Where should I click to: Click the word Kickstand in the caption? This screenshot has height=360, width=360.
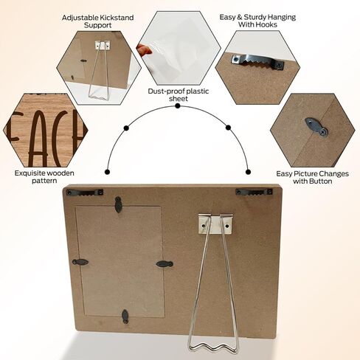[116, 18]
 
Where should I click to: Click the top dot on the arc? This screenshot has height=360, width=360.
[178, 106]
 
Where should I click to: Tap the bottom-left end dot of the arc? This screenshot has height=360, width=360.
[107, 172]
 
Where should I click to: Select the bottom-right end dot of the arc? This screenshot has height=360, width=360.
[248, 172]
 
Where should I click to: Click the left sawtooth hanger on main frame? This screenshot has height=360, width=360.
[85, 193]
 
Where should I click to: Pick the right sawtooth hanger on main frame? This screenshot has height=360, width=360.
[254, 192]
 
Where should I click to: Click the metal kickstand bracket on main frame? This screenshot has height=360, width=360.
[215, 224]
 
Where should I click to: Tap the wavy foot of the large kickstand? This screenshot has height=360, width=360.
[213, 347]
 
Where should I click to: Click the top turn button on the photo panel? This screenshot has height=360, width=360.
[118, 204]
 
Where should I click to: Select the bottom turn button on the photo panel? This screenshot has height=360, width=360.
[125, 316]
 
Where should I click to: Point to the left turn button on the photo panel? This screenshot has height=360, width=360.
[80, 262]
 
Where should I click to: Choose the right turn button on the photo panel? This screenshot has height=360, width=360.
[165, 264]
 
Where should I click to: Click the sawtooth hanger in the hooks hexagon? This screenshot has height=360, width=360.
[257, 62]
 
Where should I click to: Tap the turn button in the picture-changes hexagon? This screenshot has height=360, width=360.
[316, 127]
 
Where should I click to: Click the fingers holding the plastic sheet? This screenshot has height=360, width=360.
[145, 49]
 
